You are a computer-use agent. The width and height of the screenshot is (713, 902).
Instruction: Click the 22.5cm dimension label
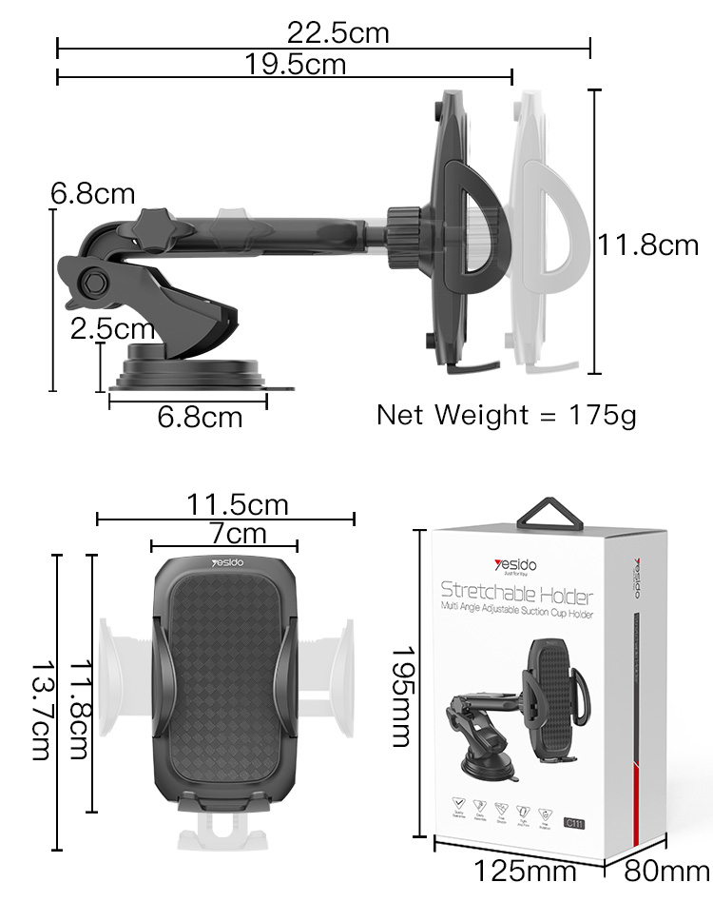(x=338, y=33)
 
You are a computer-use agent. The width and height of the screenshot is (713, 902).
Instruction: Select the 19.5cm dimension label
(x=295, y=65)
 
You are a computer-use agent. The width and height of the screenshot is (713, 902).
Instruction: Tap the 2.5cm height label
(x=113, y=329)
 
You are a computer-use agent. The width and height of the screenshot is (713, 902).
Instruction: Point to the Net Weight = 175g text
(x=506, y=415)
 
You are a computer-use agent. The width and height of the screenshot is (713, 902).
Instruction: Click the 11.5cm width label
(x=237, y=503)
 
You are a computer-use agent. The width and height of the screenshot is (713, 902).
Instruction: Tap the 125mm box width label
(x=526, y=870)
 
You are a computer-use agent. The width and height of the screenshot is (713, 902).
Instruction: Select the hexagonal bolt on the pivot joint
(x=95, y=282)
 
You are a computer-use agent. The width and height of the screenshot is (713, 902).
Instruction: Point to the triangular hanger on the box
(x=549, y=515)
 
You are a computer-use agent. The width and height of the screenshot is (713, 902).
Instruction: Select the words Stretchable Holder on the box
(x=516, y=596)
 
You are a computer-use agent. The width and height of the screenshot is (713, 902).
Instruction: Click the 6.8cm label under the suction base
(x=200, y=417)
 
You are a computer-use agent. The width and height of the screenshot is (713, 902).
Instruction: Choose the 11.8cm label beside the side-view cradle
(x=647, y=245)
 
